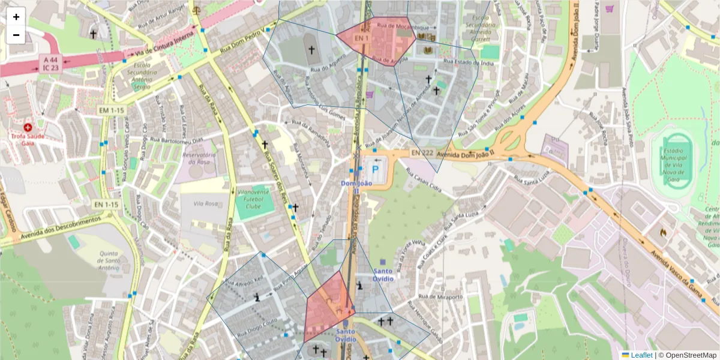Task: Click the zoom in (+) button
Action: coord(16,17)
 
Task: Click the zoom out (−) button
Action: coord(16,35)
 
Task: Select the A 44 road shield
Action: coord(50,61)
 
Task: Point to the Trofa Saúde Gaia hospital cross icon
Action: coord(28,127)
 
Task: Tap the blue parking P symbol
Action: coord(376,171)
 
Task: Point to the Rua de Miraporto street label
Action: coord(440,297)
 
